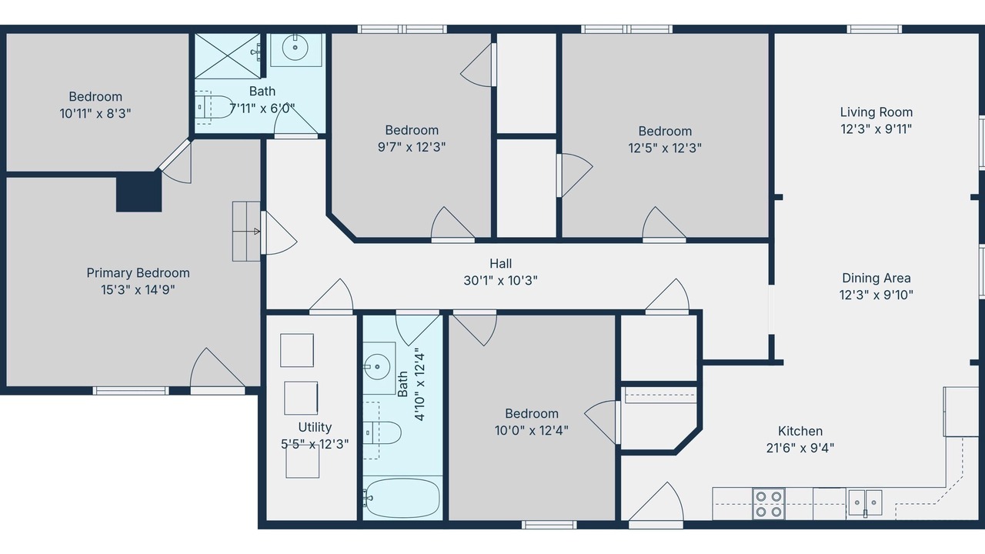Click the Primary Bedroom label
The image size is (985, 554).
(x=138, y=273)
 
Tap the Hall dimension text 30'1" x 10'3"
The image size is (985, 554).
(x=500, y=281)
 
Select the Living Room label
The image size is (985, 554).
(x=876, y=112)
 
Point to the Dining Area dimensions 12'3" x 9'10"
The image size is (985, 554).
(x=876, y=295)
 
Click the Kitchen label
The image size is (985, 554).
(x=800, y=431)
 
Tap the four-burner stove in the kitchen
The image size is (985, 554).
(x=769, y=504)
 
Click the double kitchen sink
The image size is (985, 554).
(x=865, y=503)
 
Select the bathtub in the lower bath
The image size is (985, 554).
(x=402, y=498)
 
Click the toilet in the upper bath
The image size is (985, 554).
(x=214, y=107)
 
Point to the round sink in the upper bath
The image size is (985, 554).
(x=295, y=47)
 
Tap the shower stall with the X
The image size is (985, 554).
(x=228, y=56)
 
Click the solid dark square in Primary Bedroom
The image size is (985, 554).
(x=139, y=192)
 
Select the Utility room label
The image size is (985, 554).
(x=315, y=427)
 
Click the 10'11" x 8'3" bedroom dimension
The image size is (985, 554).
(x=95, y=113)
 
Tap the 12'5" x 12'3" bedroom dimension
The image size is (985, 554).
(x=665, y=149)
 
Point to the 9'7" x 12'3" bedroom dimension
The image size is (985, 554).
(x=412, y=147)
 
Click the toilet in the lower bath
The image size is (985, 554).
(x=382, y=432)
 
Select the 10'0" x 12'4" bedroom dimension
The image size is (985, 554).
(x=532, y=430)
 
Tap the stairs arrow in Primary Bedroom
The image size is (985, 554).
(x=257, y=232)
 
